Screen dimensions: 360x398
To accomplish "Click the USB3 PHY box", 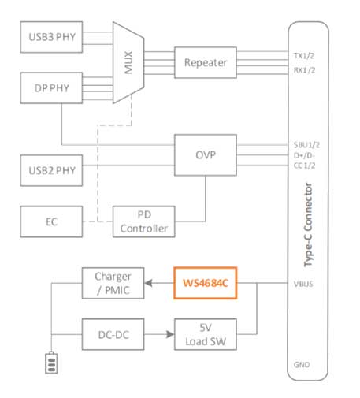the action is point(51,37).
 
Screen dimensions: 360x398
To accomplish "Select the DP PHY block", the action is point(51,88).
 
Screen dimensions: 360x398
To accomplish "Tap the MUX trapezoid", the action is point(128,62).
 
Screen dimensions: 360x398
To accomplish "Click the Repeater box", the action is point(206,62).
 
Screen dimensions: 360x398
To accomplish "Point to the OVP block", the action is point(206,155).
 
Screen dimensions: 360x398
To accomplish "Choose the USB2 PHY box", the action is point(51,170).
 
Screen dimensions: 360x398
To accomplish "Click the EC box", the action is point(51,221).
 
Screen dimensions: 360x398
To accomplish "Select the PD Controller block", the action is point(144,221).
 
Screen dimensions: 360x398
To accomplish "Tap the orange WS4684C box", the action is point(206,283).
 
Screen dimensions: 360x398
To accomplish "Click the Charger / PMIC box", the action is point(113,283).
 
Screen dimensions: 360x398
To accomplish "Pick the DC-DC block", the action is point(113,334).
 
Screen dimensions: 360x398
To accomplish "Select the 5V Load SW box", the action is point(206,334).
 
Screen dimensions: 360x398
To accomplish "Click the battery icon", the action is point(51,363).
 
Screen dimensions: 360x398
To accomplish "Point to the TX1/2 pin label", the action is point(304,56).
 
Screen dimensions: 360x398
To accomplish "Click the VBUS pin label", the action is point(303,284).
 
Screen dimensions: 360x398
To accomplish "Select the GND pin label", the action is point(302,365).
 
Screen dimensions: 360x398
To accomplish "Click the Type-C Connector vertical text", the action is point(308,225).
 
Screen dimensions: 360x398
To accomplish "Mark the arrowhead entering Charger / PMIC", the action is point(148,283).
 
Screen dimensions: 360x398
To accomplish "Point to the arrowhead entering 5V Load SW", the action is point(170,334).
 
